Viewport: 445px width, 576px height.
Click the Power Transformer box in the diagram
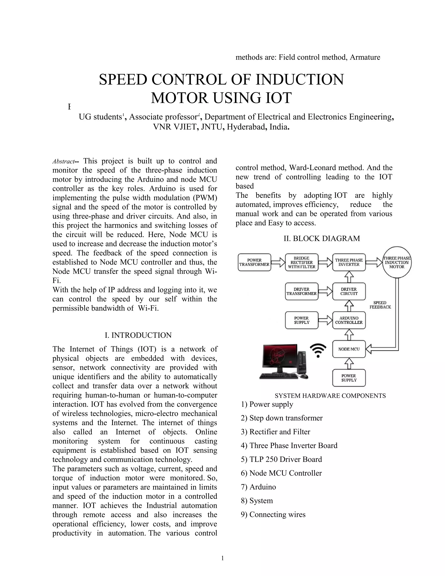tap(254, 262)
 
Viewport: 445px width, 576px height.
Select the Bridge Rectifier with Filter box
tap(302, 262)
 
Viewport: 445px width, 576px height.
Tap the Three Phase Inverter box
tap(349, 262)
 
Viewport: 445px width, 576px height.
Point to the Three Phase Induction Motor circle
tap(397, 262)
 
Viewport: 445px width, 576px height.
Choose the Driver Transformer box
tap(302, 291)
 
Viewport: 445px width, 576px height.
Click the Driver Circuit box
tap(349, 291)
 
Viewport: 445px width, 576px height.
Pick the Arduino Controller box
tap(349, 320)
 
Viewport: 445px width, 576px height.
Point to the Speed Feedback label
tap(380, 305)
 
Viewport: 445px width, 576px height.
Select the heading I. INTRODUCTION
tap(138, 335)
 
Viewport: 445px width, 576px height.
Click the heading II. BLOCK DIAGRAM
tap(322, 238)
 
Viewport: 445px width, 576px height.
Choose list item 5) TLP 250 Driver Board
tap(281, 459)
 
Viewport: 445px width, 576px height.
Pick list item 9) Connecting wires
tap(273, 514)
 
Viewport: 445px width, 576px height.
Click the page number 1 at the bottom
tap(222, 558)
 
